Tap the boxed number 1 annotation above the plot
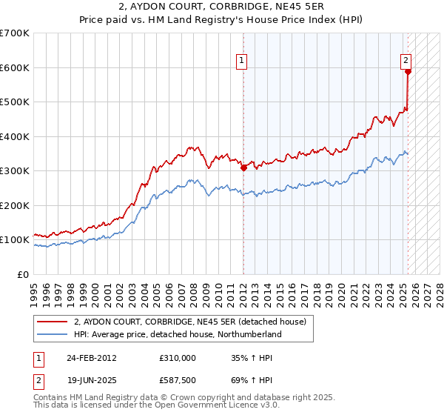(243, 62)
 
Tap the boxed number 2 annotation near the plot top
(407, 62)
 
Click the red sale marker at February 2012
(243, 168)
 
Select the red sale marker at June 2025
(408, 72)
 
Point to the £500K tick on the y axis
(15, 102)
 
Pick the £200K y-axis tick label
(15, 205)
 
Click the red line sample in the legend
(53, 322)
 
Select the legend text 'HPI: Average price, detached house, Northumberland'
(178, 334)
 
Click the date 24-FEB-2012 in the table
(91, 358)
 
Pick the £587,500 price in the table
(177, 380)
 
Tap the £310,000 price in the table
(177, 358)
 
